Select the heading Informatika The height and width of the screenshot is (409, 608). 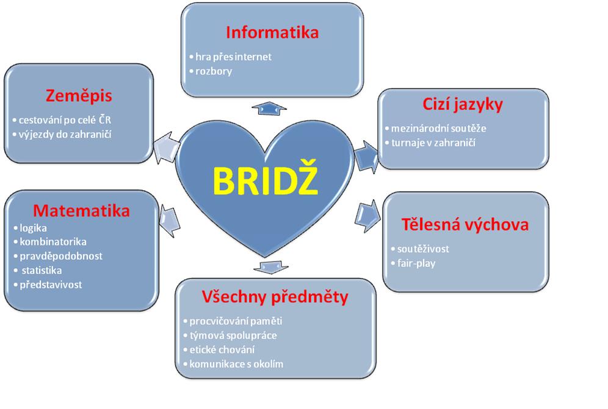pyautogui.click(x=272, y=32)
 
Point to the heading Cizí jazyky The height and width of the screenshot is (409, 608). pyautogui.click(x=462, y=104)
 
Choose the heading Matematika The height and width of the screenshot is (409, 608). pyautogui.click(x=81, y=210)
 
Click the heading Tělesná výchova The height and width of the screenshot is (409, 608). pyautogui.click(x=465, y=224)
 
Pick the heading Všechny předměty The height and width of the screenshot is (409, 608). pyautogui.click(x=275, y=297)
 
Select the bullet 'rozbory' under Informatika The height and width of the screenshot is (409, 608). pyautogui.click(x=213, y=71)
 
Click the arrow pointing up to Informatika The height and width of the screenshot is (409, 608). pyautogui.click(x=269, y=108)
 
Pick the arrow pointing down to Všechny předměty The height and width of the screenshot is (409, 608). pyautogui.click(x=266, y=267)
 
